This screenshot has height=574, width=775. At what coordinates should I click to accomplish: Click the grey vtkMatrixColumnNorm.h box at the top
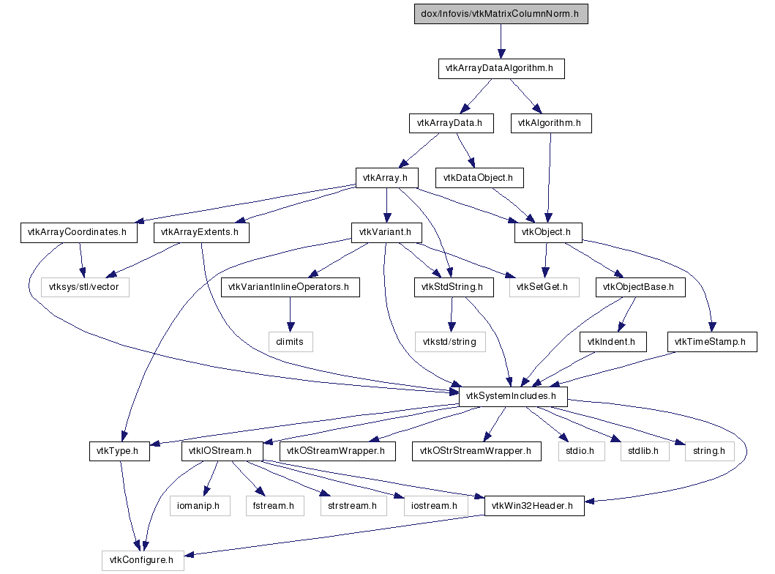501,14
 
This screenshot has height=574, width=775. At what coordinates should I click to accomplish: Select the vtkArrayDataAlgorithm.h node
501,68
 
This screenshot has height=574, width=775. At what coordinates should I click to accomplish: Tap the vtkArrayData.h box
452,123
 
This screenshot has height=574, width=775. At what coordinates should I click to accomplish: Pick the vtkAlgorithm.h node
551,123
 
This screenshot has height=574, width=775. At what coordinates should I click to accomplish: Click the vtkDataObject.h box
479,178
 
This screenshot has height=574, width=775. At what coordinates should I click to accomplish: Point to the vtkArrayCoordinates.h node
78,232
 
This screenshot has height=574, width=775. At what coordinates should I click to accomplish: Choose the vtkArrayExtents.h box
201,232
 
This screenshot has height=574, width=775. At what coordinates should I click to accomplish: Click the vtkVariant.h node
386,232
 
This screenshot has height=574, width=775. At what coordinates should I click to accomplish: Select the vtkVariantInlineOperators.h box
290,287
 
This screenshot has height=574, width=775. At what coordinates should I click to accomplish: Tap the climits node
291,342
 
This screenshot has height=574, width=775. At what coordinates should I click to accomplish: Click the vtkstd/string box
450,342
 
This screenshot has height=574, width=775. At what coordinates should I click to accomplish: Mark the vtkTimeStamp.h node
712,342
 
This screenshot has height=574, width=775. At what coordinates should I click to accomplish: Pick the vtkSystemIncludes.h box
513,397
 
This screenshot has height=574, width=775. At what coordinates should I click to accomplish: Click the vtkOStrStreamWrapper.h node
476,452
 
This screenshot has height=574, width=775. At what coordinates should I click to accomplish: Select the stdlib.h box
645,452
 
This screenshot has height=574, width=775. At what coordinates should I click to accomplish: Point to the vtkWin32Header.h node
534,506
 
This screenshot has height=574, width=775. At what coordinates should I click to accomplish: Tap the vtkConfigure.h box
143,561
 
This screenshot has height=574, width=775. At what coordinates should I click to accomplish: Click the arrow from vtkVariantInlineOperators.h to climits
290,314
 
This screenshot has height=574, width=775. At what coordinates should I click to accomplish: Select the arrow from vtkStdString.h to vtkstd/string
452,314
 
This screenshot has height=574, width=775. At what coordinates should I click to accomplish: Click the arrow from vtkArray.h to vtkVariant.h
386,205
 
